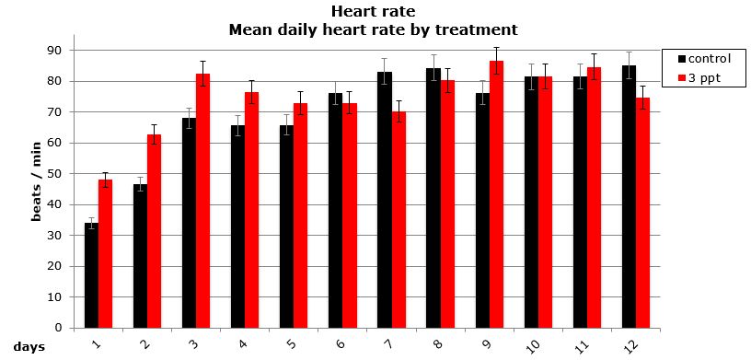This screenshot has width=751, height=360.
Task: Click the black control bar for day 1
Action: click(x=91, y=275)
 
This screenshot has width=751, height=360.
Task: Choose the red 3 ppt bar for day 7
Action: click(x=399, y=220)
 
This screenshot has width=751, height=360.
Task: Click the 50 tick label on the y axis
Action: click(x=55, y=173)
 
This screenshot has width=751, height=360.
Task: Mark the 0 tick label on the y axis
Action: click(x=58, y=328)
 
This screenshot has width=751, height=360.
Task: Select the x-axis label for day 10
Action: click(x=531, y=343)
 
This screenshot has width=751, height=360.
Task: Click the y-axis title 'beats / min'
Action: click(x=38, y=188)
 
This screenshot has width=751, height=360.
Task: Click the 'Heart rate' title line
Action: click(x=373, y=13)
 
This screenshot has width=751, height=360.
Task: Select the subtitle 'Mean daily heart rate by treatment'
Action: click(x=373, y=29)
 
